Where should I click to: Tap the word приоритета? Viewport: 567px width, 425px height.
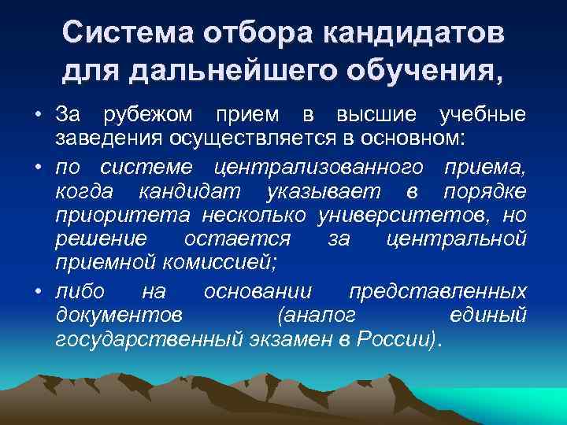tap(122, 216)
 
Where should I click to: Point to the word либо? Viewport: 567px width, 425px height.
tap(80, 291)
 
